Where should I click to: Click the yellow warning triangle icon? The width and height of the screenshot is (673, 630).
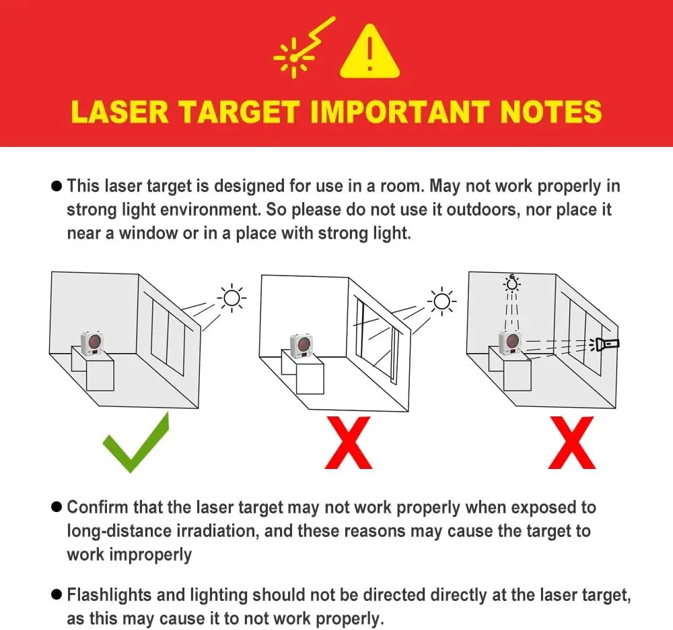click(x=370, y=52)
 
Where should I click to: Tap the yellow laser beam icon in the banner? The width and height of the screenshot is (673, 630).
click(x=304, y=47)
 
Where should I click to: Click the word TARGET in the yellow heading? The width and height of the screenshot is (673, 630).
click(x=239, y=112)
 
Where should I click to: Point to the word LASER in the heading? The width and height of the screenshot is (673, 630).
click(x=120, y=112)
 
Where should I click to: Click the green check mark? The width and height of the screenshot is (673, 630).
click(x=136, y=443)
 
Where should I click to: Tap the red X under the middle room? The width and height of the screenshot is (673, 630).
click(x=349, y=443)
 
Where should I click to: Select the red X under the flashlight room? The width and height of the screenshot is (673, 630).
click(x=572, y=443)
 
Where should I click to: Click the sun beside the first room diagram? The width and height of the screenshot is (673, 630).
click(x=232, y=297)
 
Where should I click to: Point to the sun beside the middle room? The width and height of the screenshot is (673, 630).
click(x=441, y=301)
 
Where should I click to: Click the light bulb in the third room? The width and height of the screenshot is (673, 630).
click(x=511, y=283)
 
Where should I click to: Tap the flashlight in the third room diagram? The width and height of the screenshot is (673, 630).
click(x=606, y=344)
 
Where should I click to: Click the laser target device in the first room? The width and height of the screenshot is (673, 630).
click(x=92, y=344)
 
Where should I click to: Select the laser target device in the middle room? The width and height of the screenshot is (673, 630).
click(x=302, y=346)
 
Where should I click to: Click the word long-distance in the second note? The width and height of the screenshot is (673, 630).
click(x=119, y=531)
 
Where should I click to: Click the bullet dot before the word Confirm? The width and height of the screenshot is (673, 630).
click(x=57, y=507)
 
